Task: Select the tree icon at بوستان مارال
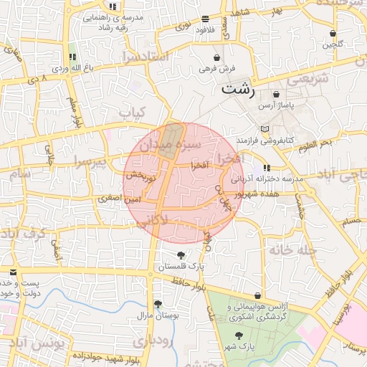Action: click(x=158, y=304)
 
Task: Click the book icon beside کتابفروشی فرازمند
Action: click(x=266, y=129)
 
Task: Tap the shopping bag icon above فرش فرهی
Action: click(x=217, y=57)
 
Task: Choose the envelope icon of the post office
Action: click(x=14, y=272)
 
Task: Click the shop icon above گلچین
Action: click(x=333, y=34)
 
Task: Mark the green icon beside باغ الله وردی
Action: click(x=72, y=57)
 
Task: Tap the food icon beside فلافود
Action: click(x=206, y=19)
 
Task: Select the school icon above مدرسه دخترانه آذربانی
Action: click(x=267, y=167)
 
